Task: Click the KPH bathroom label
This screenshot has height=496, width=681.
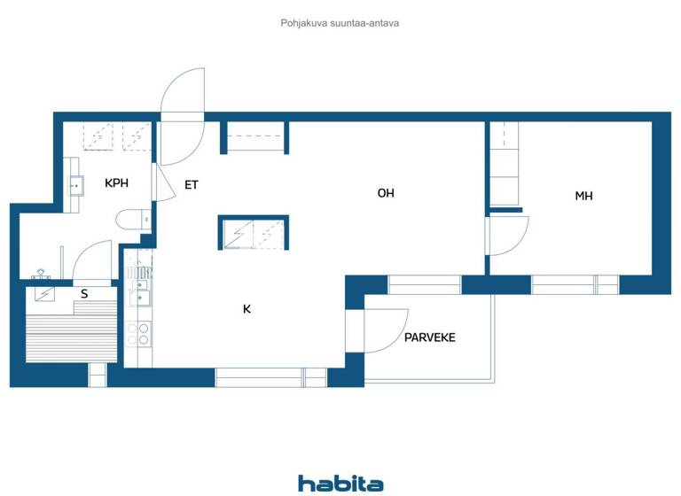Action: click(116, 183)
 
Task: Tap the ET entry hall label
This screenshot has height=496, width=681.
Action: click(191, 185)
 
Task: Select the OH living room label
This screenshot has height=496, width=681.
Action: click(385, 193)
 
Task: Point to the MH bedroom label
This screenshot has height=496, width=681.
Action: click(583, 196)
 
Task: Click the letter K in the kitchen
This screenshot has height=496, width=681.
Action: click(247, 309)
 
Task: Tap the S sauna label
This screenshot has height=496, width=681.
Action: click(84, 293)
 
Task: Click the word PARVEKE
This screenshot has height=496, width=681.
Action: click(429, 337)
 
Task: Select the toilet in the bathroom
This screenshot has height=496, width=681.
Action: click(130, 221)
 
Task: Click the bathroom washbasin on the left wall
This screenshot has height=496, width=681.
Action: click(74, 185)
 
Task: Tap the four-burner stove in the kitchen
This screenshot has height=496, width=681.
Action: click(138, 334)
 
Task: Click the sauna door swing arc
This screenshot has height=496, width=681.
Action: click(92, 261)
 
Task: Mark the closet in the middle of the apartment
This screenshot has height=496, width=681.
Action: click(254, 232)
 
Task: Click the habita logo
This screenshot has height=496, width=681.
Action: click(340, 483)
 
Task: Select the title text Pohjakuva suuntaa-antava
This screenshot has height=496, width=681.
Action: click(340, 23)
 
